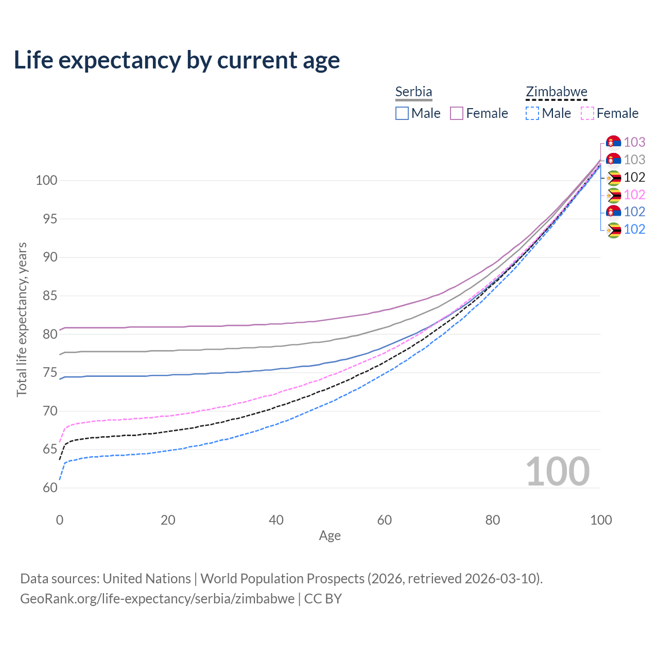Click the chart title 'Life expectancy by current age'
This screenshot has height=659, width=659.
point(177,60)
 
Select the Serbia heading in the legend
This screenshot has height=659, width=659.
point(413,92)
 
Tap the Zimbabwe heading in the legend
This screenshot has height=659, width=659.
point(556,92)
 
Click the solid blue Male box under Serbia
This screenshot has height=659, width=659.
point(402,113)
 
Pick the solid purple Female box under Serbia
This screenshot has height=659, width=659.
point(457,113)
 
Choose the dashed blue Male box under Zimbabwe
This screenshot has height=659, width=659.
point(532,113)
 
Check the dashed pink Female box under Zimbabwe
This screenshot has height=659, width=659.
point(587,113)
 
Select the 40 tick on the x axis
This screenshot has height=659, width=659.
point(276,520)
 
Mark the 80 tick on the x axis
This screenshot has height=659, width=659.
point(493,520)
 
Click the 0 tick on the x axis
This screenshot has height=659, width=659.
point(60,520)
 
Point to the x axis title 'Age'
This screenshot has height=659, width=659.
point(329,536)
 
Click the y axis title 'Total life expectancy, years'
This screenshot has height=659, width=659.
point(21,320)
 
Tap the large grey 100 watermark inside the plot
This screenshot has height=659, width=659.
point(557,472)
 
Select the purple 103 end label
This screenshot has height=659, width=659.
point(634,142)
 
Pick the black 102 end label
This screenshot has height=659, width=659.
point(634,178)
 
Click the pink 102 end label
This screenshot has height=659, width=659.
point(634,195)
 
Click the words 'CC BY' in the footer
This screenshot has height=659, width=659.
point(323,599)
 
